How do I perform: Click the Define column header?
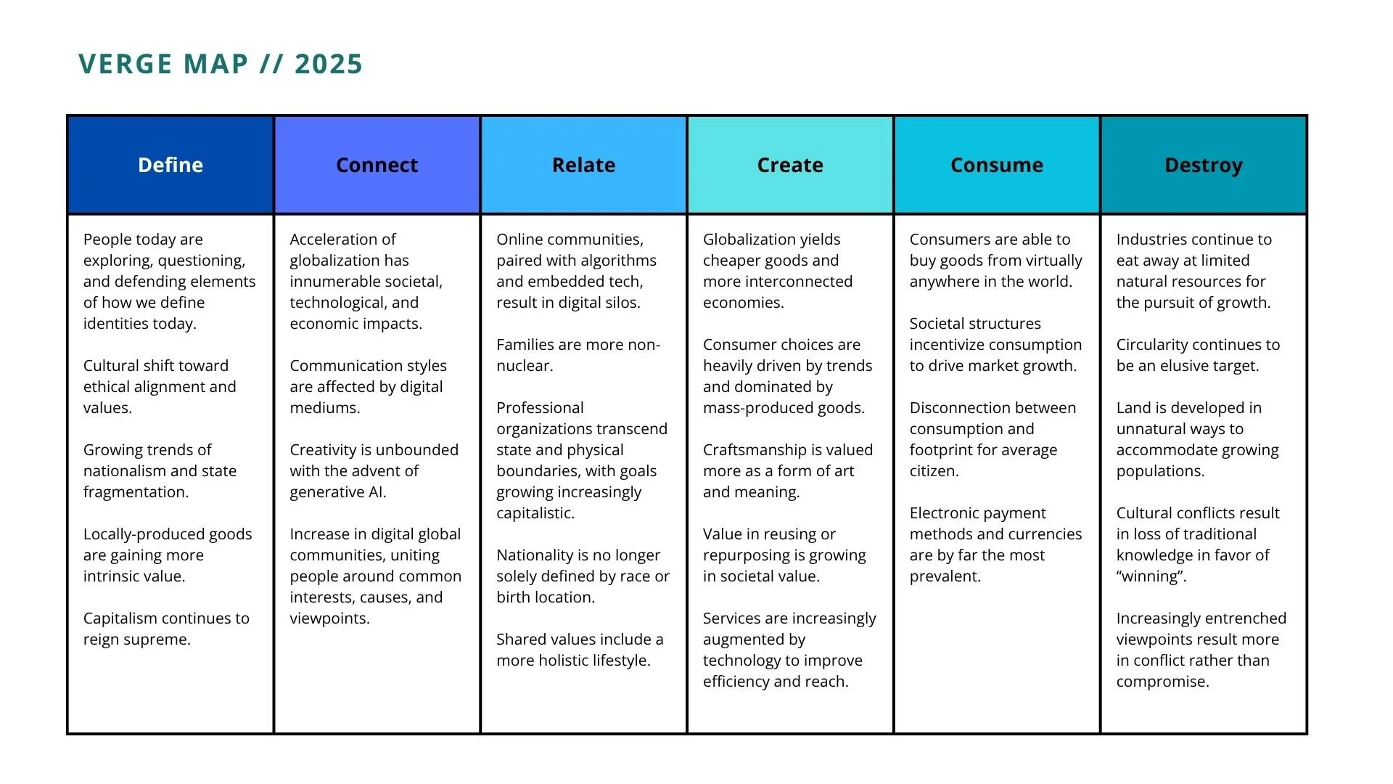click(170, 165)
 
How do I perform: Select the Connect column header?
click(377, 165)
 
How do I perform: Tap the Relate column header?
click(583, 165)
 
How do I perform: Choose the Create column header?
click(790, 165)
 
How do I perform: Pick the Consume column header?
click(997, 165)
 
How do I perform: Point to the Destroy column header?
click(1204, 166)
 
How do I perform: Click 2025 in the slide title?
click(329, 64)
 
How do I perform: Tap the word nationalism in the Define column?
click(124, 470)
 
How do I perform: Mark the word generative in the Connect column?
click(326, 492)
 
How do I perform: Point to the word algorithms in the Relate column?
click(617, 261)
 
